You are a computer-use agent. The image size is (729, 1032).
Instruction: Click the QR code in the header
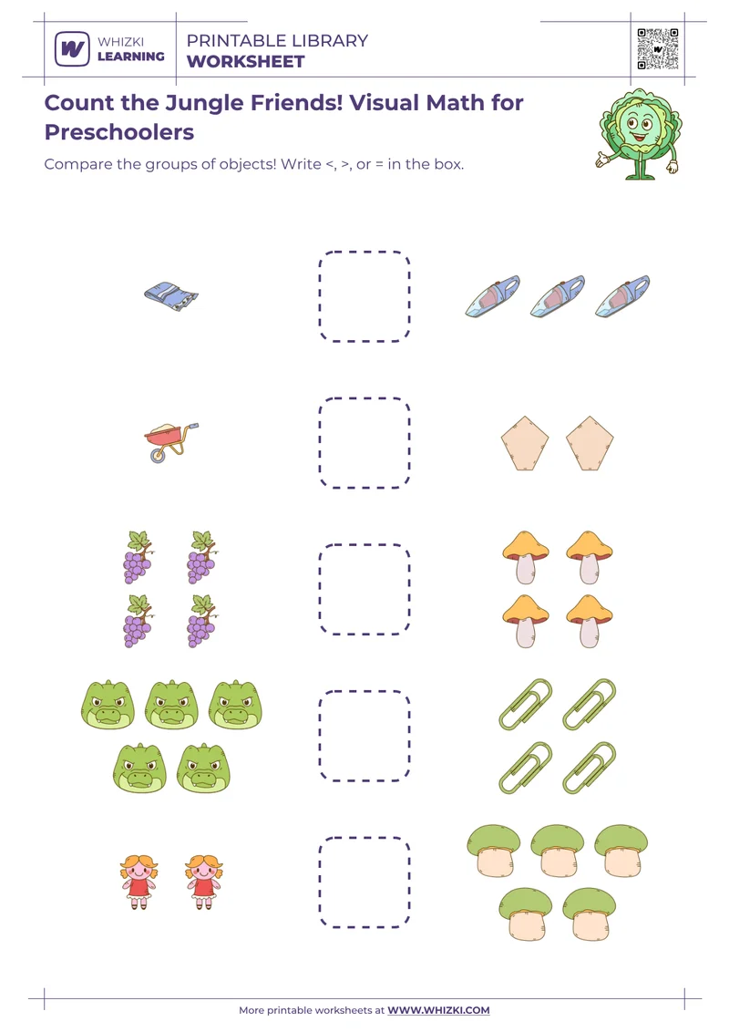pyautogui.click(x=658, y=48)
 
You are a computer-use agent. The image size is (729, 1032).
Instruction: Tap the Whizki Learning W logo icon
pyautogui.click(x=72, y=48)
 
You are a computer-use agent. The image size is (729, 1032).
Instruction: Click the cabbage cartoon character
pyautogui.click(x=639, y=132)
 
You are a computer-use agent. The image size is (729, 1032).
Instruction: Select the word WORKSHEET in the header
pyautogui.click(x=246, y=62)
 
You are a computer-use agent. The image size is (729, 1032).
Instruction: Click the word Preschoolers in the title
pyautogui.click(x=119, y=132)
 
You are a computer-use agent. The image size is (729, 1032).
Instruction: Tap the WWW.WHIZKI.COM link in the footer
pyautogui.click(x=438, y=1010)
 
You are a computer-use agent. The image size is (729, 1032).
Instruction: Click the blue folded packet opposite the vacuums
pyautogui.click(x=171, y=294)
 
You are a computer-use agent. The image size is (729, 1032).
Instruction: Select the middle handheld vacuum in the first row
pyautogui.click(x=558, y=296)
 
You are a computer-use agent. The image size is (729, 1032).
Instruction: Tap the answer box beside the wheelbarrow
pyautogui.click(x=364, y=443)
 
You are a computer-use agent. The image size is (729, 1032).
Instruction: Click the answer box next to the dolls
pyautogui.click(x=364, y=882)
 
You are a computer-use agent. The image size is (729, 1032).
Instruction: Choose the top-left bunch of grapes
pyautogui.click(x=138, y=556)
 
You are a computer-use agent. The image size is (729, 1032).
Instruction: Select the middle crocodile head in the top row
pyautogui.click(x=172, y=705)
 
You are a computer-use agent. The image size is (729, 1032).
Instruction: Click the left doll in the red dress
pyautogui.click(x=139, y=881)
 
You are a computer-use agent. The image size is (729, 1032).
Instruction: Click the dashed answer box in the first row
pyautogui.click(x=364, y=296)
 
